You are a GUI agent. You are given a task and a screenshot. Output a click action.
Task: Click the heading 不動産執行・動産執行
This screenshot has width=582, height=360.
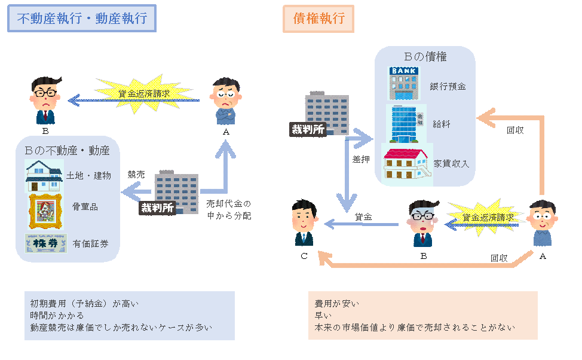82,19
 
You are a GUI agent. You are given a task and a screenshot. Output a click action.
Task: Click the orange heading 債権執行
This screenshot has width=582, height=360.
318,19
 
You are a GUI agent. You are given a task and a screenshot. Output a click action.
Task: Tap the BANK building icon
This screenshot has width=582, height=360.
404,83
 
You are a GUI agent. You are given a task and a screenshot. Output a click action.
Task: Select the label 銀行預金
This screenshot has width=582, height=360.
448,86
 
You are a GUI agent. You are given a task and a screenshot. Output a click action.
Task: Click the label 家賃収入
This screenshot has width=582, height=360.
452,163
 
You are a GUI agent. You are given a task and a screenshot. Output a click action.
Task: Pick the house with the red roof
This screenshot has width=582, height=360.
406,164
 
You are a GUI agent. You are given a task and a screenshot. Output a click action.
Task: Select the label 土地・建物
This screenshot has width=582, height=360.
89,175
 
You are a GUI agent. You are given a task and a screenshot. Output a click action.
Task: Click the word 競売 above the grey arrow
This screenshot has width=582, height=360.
136,175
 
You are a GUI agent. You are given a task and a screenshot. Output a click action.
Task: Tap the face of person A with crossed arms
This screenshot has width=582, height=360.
227,94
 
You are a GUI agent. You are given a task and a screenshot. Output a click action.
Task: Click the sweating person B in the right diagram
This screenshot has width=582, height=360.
424,221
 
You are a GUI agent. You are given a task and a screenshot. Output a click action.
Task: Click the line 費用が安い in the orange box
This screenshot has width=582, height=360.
337,303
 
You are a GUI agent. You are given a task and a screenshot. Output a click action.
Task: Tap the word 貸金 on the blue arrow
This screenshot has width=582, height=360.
364,217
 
